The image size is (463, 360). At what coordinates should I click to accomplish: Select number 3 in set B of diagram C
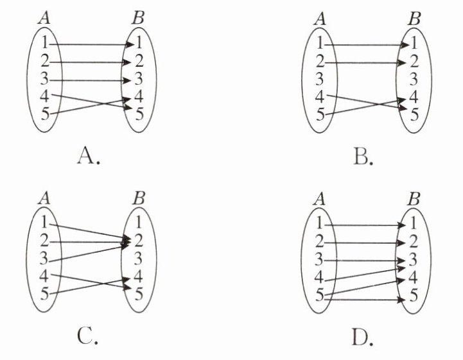click(x=139, y=260)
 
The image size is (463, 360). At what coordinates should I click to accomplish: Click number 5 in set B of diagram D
click(x=414, y=296)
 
